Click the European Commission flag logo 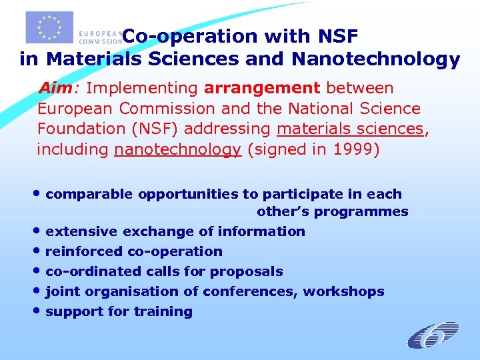(49, 27)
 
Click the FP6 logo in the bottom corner (433, 335)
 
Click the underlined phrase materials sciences (350, 128)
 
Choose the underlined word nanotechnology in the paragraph (177, 149)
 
